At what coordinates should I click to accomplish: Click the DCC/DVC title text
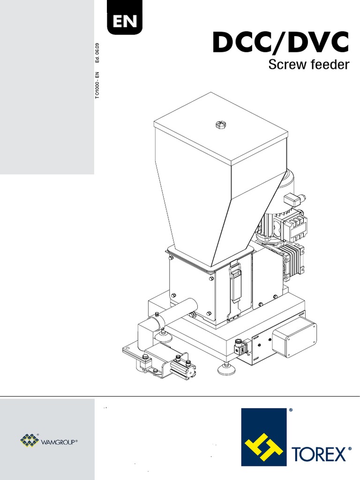click(280, 43)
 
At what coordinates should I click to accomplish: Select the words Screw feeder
click(308, 65)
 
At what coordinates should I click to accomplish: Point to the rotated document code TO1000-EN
click(97, 85)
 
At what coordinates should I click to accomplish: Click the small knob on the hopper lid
click(220, 125)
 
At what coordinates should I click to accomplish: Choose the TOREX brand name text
click(321, 454)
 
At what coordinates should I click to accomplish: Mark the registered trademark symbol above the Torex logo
click(291, 410)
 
